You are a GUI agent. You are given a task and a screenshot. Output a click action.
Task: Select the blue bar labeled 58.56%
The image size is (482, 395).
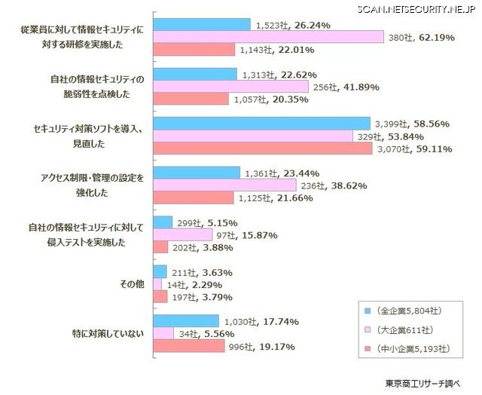(262, 123)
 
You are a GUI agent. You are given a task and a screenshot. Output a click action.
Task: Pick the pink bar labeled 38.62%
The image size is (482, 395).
(224, 185)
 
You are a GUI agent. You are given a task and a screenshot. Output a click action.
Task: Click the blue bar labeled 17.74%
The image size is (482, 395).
(185, 321)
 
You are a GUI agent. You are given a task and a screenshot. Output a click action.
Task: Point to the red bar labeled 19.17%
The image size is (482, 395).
(188, 347)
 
